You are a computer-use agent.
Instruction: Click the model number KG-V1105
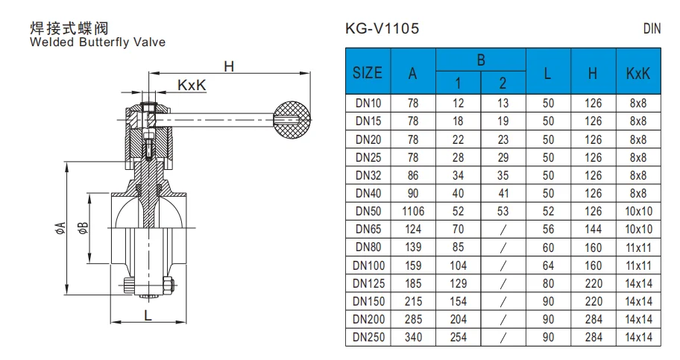pyautogui.click(x=382, y=29)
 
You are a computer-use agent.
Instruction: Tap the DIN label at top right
pyautogui.click(x=652, y=29)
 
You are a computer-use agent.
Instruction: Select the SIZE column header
pyautogui.click(x=368, y=73)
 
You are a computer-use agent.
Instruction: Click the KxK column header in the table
pyautogui.click(x=639, y=73)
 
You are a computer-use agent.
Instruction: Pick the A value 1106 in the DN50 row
pyautogui.click(x=413, y=211)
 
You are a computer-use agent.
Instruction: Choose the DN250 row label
pyautogui.click(x=368, y=338)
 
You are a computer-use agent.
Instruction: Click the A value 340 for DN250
pyautogui.click(x=413, y=338)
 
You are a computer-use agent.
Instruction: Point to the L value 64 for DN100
pyautogui.click(x=548, y=265)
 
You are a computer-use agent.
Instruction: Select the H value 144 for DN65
pyautogui.click(x=593, y=229)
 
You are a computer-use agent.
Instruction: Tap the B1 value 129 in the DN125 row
pyautogui.click(x=459, y=283)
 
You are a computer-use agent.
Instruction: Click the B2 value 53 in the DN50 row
pyautogui.click(x=503, y=211)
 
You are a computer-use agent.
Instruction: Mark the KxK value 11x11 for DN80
pyautogui.click(x=639, y=247)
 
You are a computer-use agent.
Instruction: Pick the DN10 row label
pyautogui.click(x=368, y=102)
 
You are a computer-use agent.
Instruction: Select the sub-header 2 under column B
pyautogui.click(x=503, y=83)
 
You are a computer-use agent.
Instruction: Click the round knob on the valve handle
pyautogui.click(x=292, y=118)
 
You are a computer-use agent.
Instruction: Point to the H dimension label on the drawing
pyautogui.click(x=229, y=66)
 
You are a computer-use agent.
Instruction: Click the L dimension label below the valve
pyautogui.click(x=148, y=315)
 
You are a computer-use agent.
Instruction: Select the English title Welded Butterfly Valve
pyautogui.click(x=97, y=42)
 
